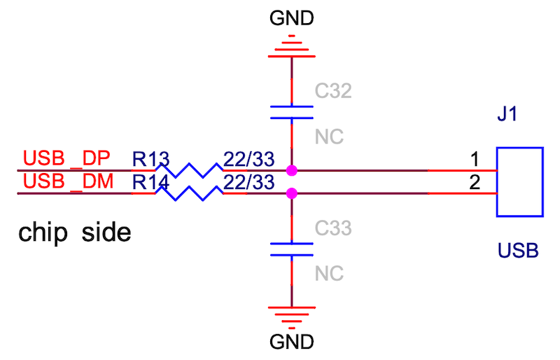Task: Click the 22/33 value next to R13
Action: point(246,159)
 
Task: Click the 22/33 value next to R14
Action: point(246,182)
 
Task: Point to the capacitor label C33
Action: point(332,228)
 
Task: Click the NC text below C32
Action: point(329,136)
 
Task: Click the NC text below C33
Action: point(329,273)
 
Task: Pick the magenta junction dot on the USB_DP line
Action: point(291,170)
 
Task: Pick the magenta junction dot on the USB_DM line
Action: point(291,193)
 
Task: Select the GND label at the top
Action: point(292,18)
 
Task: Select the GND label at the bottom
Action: point(292,343)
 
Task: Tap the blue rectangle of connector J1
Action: point(520,181)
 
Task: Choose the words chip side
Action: point(75,232)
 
